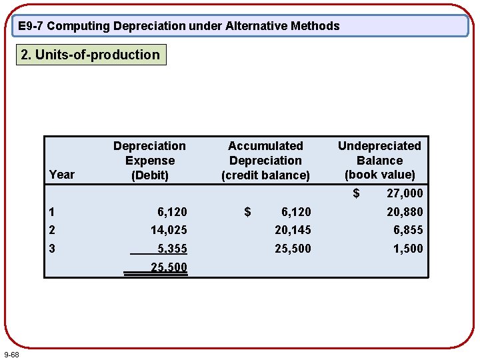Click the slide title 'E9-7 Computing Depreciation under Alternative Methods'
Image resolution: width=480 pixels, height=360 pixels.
(179, 26)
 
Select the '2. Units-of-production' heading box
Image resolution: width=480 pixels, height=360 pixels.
(91, 55)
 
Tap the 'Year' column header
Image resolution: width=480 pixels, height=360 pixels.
(62, 174)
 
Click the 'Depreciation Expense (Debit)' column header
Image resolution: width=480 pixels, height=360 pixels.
(149, 160)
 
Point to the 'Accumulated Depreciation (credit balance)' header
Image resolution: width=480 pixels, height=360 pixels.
(265, 160)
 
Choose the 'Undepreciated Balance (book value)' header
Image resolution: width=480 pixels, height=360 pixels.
(379, 160)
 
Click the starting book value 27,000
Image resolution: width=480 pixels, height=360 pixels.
(404, 193)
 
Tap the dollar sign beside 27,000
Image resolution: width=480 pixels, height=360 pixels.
(356, 193)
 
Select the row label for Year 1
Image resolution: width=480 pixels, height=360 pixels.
(52, 212)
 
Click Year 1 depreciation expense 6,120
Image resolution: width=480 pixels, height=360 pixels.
(172, 212)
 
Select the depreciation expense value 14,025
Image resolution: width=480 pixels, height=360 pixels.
(169, 230)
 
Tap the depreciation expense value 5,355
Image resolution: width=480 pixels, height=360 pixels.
(172, 249)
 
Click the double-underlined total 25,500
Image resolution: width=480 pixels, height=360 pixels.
(169, 267)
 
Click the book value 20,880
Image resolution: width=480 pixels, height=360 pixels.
(404, 212)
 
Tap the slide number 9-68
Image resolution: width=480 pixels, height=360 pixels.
(11, 353)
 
